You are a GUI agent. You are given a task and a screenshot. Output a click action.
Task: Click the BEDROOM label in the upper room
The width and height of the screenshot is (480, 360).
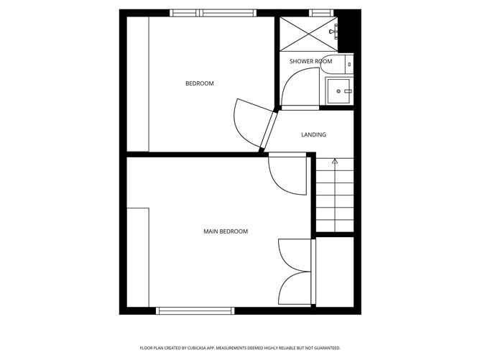[x=199, y=84]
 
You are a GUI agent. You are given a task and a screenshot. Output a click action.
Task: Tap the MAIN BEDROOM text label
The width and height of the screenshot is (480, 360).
[x=225, y=231]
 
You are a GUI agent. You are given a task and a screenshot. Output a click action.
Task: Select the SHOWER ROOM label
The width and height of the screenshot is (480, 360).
[x=310, y=61]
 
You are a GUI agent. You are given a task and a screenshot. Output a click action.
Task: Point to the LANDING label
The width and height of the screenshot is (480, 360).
[x=313, y=134]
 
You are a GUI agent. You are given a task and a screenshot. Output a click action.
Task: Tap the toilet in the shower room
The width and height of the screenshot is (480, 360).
[x=349, y=63]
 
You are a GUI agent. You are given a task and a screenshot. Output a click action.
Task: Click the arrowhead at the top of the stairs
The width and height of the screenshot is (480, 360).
[x=335, y=162]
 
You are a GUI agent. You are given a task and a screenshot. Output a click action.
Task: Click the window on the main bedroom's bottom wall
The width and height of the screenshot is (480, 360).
[x=195, y=311]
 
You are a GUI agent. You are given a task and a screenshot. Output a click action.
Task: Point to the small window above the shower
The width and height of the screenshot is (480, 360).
[x=320, y=12]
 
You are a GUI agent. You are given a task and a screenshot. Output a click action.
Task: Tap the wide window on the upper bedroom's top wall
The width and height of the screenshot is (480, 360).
[x=213, y=12]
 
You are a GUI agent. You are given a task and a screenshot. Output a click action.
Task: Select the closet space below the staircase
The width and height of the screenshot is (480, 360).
[x=335, y=272]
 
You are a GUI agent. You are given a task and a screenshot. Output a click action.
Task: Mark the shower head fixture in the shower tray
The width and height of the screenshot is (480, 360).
[x=333, y=32]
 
